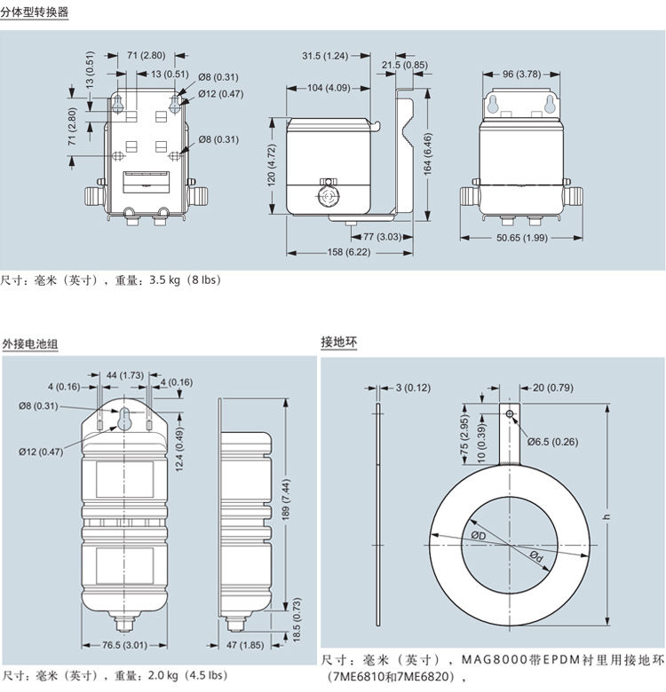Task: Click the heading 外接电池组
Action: click(30, 343)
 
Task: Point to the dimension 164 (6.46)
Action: click(429, 152)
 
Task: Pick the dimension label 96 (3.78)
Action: click(521, 74)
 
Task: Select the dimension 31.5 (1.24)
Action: click(324, 56)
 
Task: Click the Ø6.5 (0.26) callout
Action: click(552, 441)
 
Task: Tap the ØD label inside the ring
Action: click(478, 535)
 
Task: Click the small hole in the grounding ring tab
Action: click(511, 414)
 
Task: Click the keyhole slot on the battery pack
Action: click(126, 420)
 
